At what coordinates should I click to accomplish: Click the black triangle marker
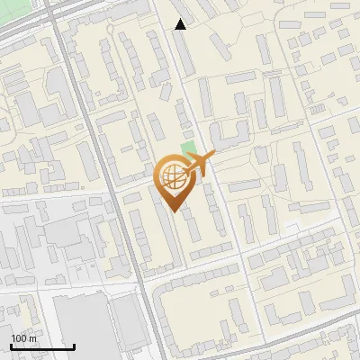click(x=181, y=24)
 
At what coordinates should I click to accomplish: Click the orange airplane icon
click(x=200, y=165)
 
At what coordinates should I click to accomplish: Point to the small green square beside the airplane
click(x=187, y=148)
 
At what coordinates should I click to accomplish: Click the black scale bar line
click(x=42, y=346)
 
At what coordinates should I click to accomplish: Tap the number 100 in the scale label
click(x=19, y=338)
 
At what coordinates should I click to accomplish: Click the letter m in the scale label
click(x=32, y=338)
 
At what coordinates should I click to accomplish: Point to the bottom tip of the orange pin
click(x=174, y=212)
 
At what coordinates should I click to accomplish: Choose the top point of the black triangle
click(x=181, y=19)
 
